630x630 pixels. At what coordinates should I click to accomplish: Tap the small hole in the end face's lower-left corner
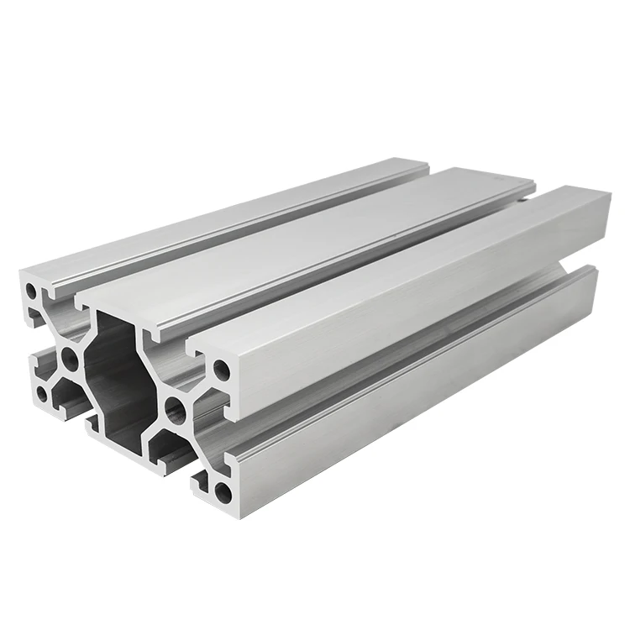(x=43, y=393)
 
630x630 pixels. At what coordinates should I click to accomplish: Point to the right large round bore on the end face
(x=175, y=410)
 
